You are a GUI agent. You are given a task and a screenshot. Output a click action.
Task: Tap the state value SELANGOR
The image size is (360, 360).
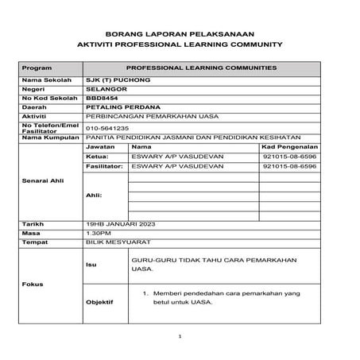pos(106,91)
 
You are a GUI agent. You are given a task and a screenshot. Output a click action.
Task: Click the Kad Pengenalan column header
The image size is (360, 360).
pos(289,147)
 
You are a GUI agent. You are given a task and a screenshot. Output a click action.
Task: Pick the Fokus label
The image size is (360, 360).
pos(33,284)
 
